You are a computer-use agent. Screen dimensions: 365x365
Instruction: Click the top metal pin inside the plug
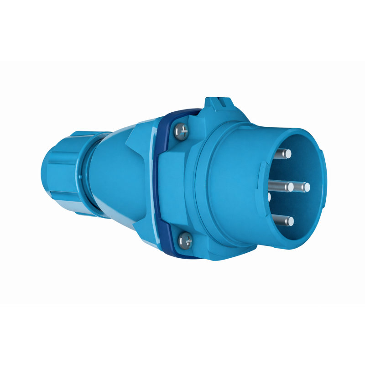(285, 153)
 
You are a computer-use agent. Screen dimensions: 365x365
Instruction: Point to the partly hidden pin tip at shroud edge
(269, 197)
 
